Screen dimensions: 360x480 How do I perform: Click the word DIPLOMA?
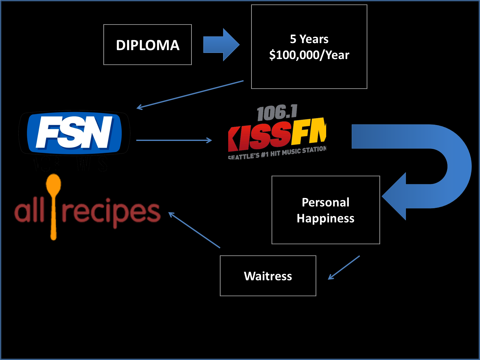point(147,45)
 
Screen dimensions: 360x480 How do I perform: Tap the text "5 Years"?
point(309,39)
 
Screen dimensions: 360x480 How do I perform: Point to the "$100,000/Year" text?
point(309,55)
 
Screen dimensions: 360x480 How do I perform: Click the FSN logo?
point(74,133)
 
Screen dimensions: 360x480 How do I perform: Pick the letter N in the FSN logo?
point(99,132)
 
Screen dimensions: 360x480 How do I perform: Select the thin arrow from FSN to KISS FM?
point(174,140)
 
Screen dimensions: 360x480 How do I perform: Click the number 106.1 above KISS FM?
point(277,113)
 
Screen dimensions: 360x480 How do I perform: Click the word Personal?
point(326,202)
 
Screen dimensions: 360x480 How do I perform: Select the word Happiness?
point(326,218)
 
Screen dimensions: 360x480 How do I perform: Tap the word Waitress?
point(268,276)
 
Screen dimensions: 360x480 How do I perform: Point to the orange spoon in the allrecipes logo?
point(54,204)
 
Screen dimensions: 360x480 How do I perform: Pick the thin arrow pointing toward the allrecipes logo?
point(194,230)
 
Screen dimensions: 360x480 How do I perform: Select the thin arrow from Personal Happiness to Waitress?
point(344,268)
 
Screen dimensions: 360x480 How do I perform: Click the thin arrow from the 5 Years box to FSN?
point(190,94)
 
